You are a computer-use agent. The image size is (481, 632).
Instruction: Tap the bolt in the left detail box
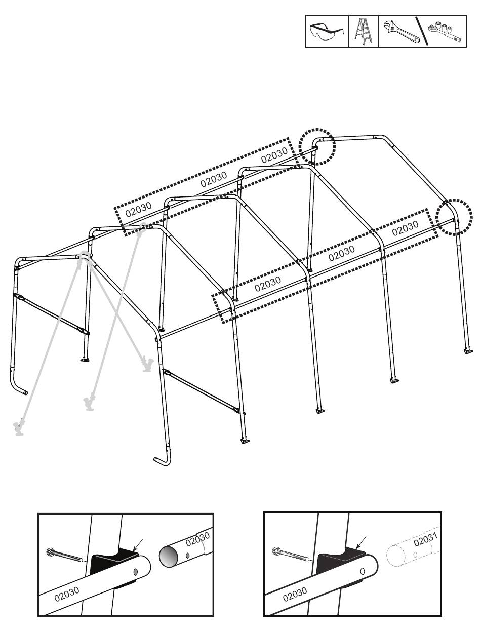coord(64,556)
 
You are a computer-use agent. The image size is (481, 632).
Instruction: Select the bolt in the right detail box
coord(290,555)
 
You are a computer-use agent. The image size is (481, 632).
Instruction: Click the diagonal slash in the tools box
coord(422,31)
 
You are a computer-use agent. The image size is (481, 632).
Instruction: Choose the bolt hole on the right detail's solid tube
coord(363,570)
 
